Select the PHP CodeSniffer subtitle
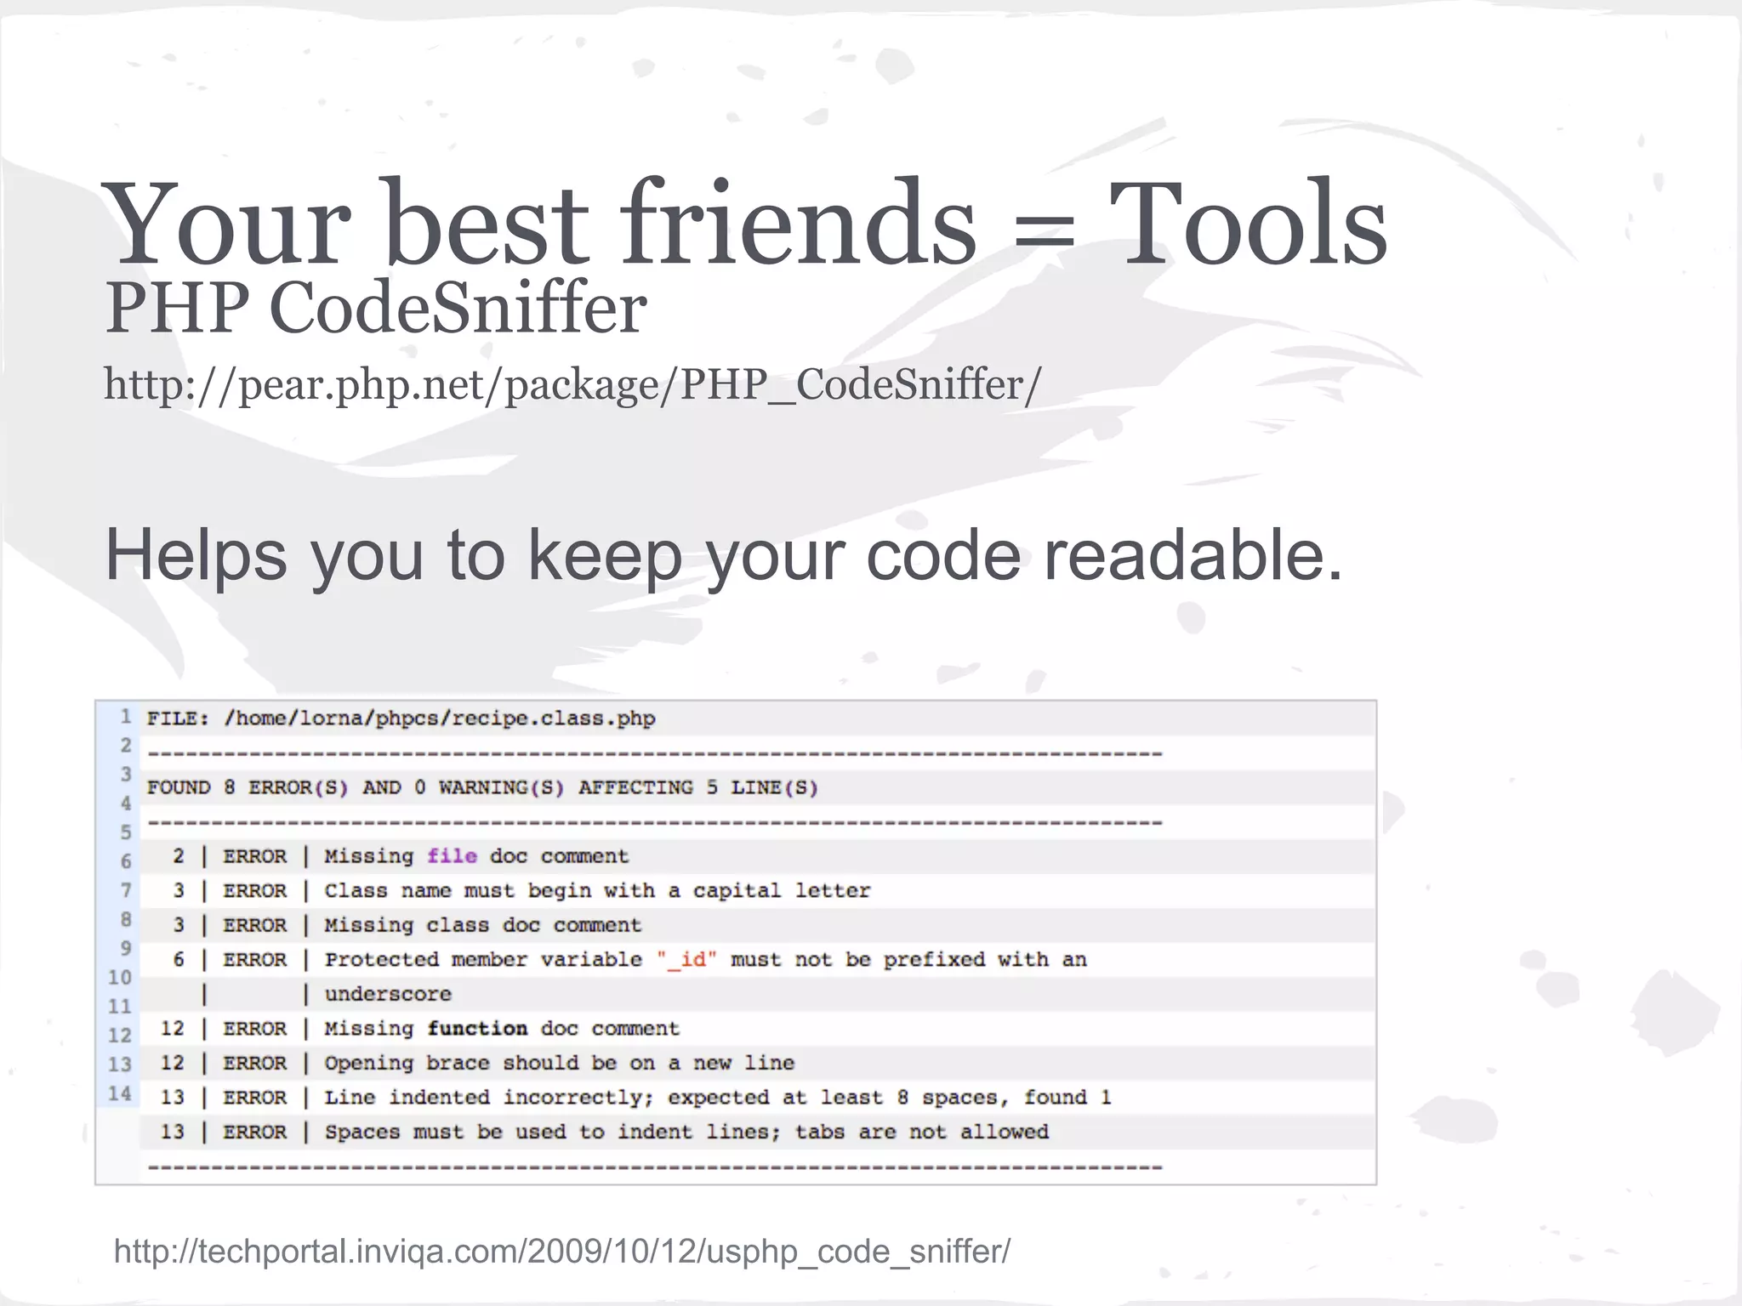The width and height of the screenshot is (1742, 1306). pyautogui.click(x=375, y=308)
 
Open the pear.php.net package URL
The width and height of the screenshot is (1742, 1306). pyautogui.click(x=572, y=384)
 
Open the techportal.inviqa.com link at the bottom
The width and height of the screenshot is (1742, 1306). pyautogui.click(x=561, y=1252)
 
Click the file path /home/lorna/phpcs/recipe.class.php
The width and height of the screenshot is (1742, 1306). pyautogui.click(x=439, y=719)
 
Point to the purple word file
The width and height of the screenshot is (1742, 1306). pyautogui.click(x=452, y=856)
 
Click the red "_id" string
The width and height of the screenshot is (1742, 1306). pyautogui.click(x=687, y=960)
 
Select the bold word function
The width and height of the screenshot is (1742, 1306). pyautogui.click(x=477, y=1029)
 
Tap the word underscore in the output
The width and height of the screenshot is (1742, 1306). pyautogui.click(x=388, y=994)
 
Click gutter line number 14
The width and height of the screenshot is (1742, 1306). pyautogui.click(x=120, y=1093)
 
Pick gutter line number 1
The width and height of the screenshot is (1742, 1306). pyautogui.click(x=125, y=717)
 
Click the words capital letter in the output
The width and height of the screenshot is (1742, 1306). pyautogui.click(x=782, y=891)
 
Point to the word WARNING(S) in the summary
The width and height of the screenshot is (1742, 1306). pyautogui.click(x=501, y=788)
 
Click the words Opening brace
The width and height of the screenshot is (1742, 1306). pyautogui.click(x=407, y=1064)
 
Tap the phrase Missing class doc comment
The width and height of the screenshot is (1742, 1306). pyautogui.click(x=482, y=925)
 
